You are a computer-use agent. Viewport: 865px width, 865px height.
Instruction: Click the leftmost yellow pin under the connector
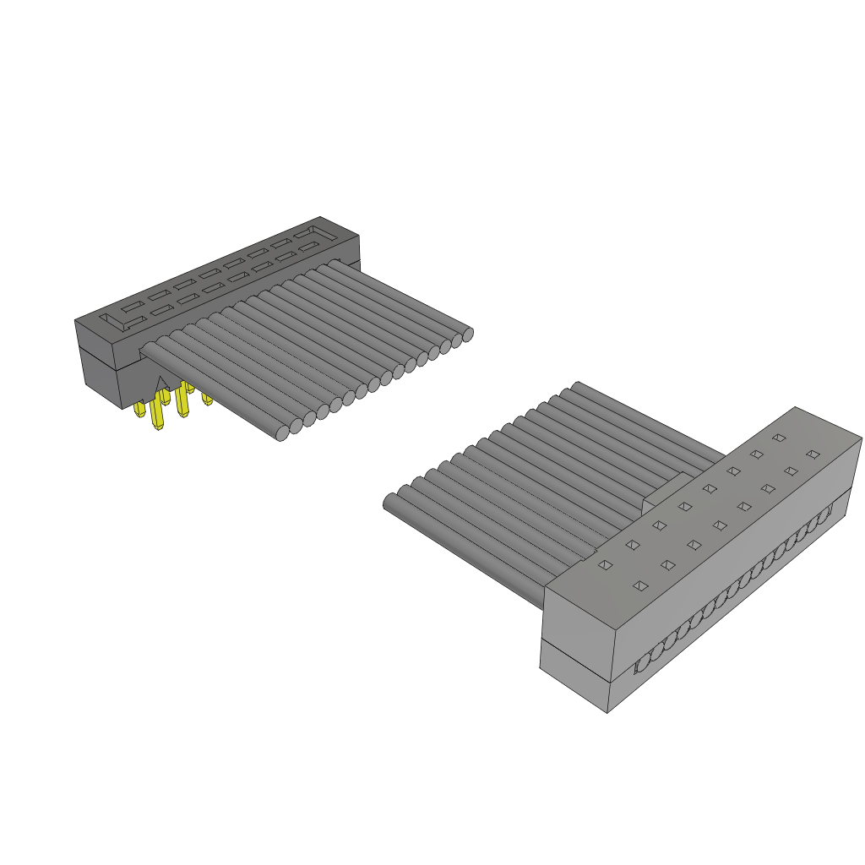pyautogui.click(x=139, y=410)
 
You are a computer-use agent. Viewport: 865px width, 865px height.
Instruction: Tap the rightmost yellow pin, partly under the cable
pyautogui.click(x=207, y=397)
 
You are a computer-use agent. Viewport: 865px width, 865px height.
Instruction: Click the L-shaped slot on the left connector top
pyautogui.click(x=113, y=322)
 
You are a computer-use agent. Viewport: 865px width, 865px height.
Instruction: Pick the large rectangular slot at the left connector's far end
pyautogui.click(x=305, y=231)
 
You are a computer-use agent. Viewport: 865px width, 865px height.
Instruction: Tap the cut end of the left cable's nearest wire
pyautogui.click(x=283, y=433)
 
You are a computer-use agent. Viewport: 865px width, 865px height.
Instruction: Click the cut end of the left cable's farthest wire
pyautogui.click(x=468, y=335)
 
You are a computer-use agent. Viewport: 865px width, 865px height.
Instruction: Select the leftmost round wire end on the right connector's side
pyautogui.click(x=644, y=662)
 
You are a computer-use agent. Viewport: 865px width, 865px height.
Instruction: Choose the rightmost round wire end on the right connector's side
pyautogui.click(x=826, y=512)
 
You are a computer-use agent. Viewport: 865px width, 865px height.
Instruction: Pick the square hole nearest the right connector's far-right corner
pyautogui.click(x=813, y=454)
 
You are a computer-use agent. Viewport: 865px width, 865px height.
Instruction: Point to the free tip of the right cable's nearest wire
pyautogui.click(x=391, y=503)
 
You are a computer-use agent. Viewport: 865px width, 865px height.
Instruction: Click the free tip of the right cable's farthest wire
pyautogui.click(x=577, y=387)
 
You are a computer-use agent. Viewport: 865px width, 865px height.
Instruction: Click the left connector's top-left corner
pyautogui.click(x=76, y=321)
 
